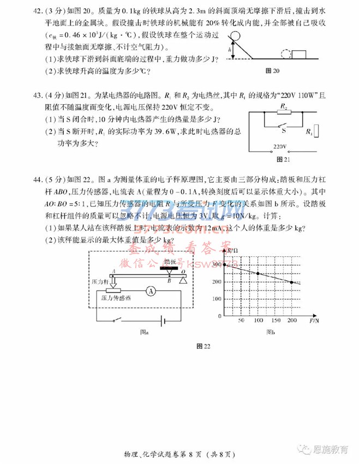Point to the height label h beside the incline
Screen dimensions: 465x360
(x=231, y=51)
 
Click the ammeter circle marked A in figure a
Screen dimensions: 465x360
(x=153, y=291)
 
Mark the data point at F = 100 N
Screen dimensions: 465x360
(x=258, y=273)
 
